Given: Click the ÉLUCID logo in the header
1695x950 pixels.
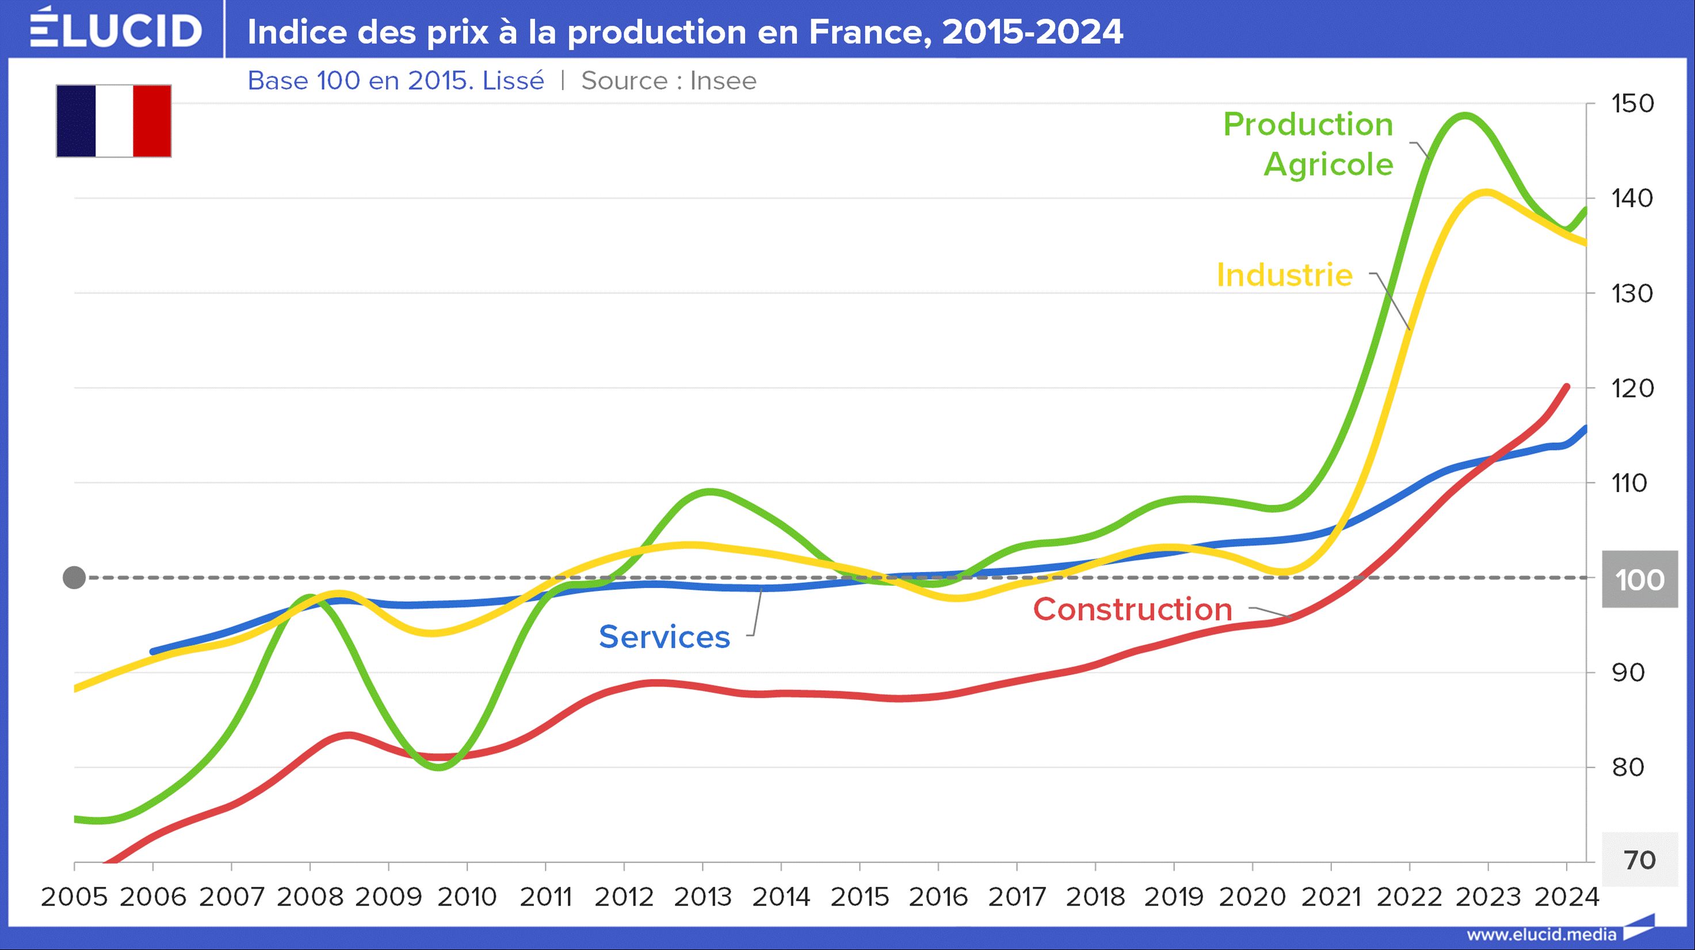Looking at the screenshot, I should click(x=116, y=29).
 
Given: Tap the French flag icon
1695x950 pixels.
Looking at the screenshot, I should click(x=114, y=121).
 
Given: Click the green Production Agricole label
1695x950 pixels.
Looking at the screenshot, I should click(x=1308, y=144).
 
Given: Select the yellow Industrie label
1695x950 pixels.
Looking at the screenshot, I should click(x=1284, y=275).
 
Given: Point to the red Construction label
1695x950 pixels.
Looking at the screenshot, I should click(x=1132, y=609).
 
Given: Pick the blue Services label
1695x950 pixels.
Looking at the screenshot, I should click(x=665, y=637).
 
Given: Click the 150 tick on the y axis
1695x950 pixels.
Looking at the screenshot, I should click(x=1632, y=104).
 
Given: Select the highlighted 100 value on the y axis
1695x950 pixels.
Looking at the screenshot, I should click(x=1639, y=579).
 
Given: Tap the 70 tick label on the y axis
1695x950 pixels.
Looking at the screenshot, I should click(x=1639, y=860).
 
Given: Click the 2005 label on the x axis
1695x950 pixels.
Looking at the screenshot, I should click(x=74, y=896).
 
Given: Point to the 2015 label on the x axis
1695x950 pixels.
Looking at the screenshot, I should click(x=860, y=896).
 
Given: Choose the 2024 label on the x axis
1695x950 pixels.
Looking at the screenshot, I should click(x=1567, y=896).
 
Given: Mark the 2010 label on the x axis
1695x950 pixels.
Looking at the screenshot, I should click(x=467, y=896).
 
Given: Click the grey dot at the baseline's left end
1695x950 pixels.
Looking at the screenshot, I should click(x=74, y=578).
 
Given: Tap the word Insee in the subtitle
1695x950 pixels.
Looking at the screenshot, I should click(x=723, y=81).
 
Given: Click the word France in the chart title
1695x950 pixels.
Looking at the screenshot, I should click(x=869, y=32).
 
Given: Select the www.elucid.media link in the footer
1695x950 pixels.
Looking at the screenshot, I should click(x=1541, y=935).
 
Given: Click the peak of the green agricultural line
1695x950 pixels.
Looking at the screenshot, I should click(x=1465, y=116).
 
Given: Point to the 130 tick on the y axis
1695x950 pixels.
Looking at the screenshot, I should click(x=1632, y=293).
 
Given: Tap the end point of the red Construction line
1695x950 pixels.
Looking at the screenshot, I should click(x=1567, y=387).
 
